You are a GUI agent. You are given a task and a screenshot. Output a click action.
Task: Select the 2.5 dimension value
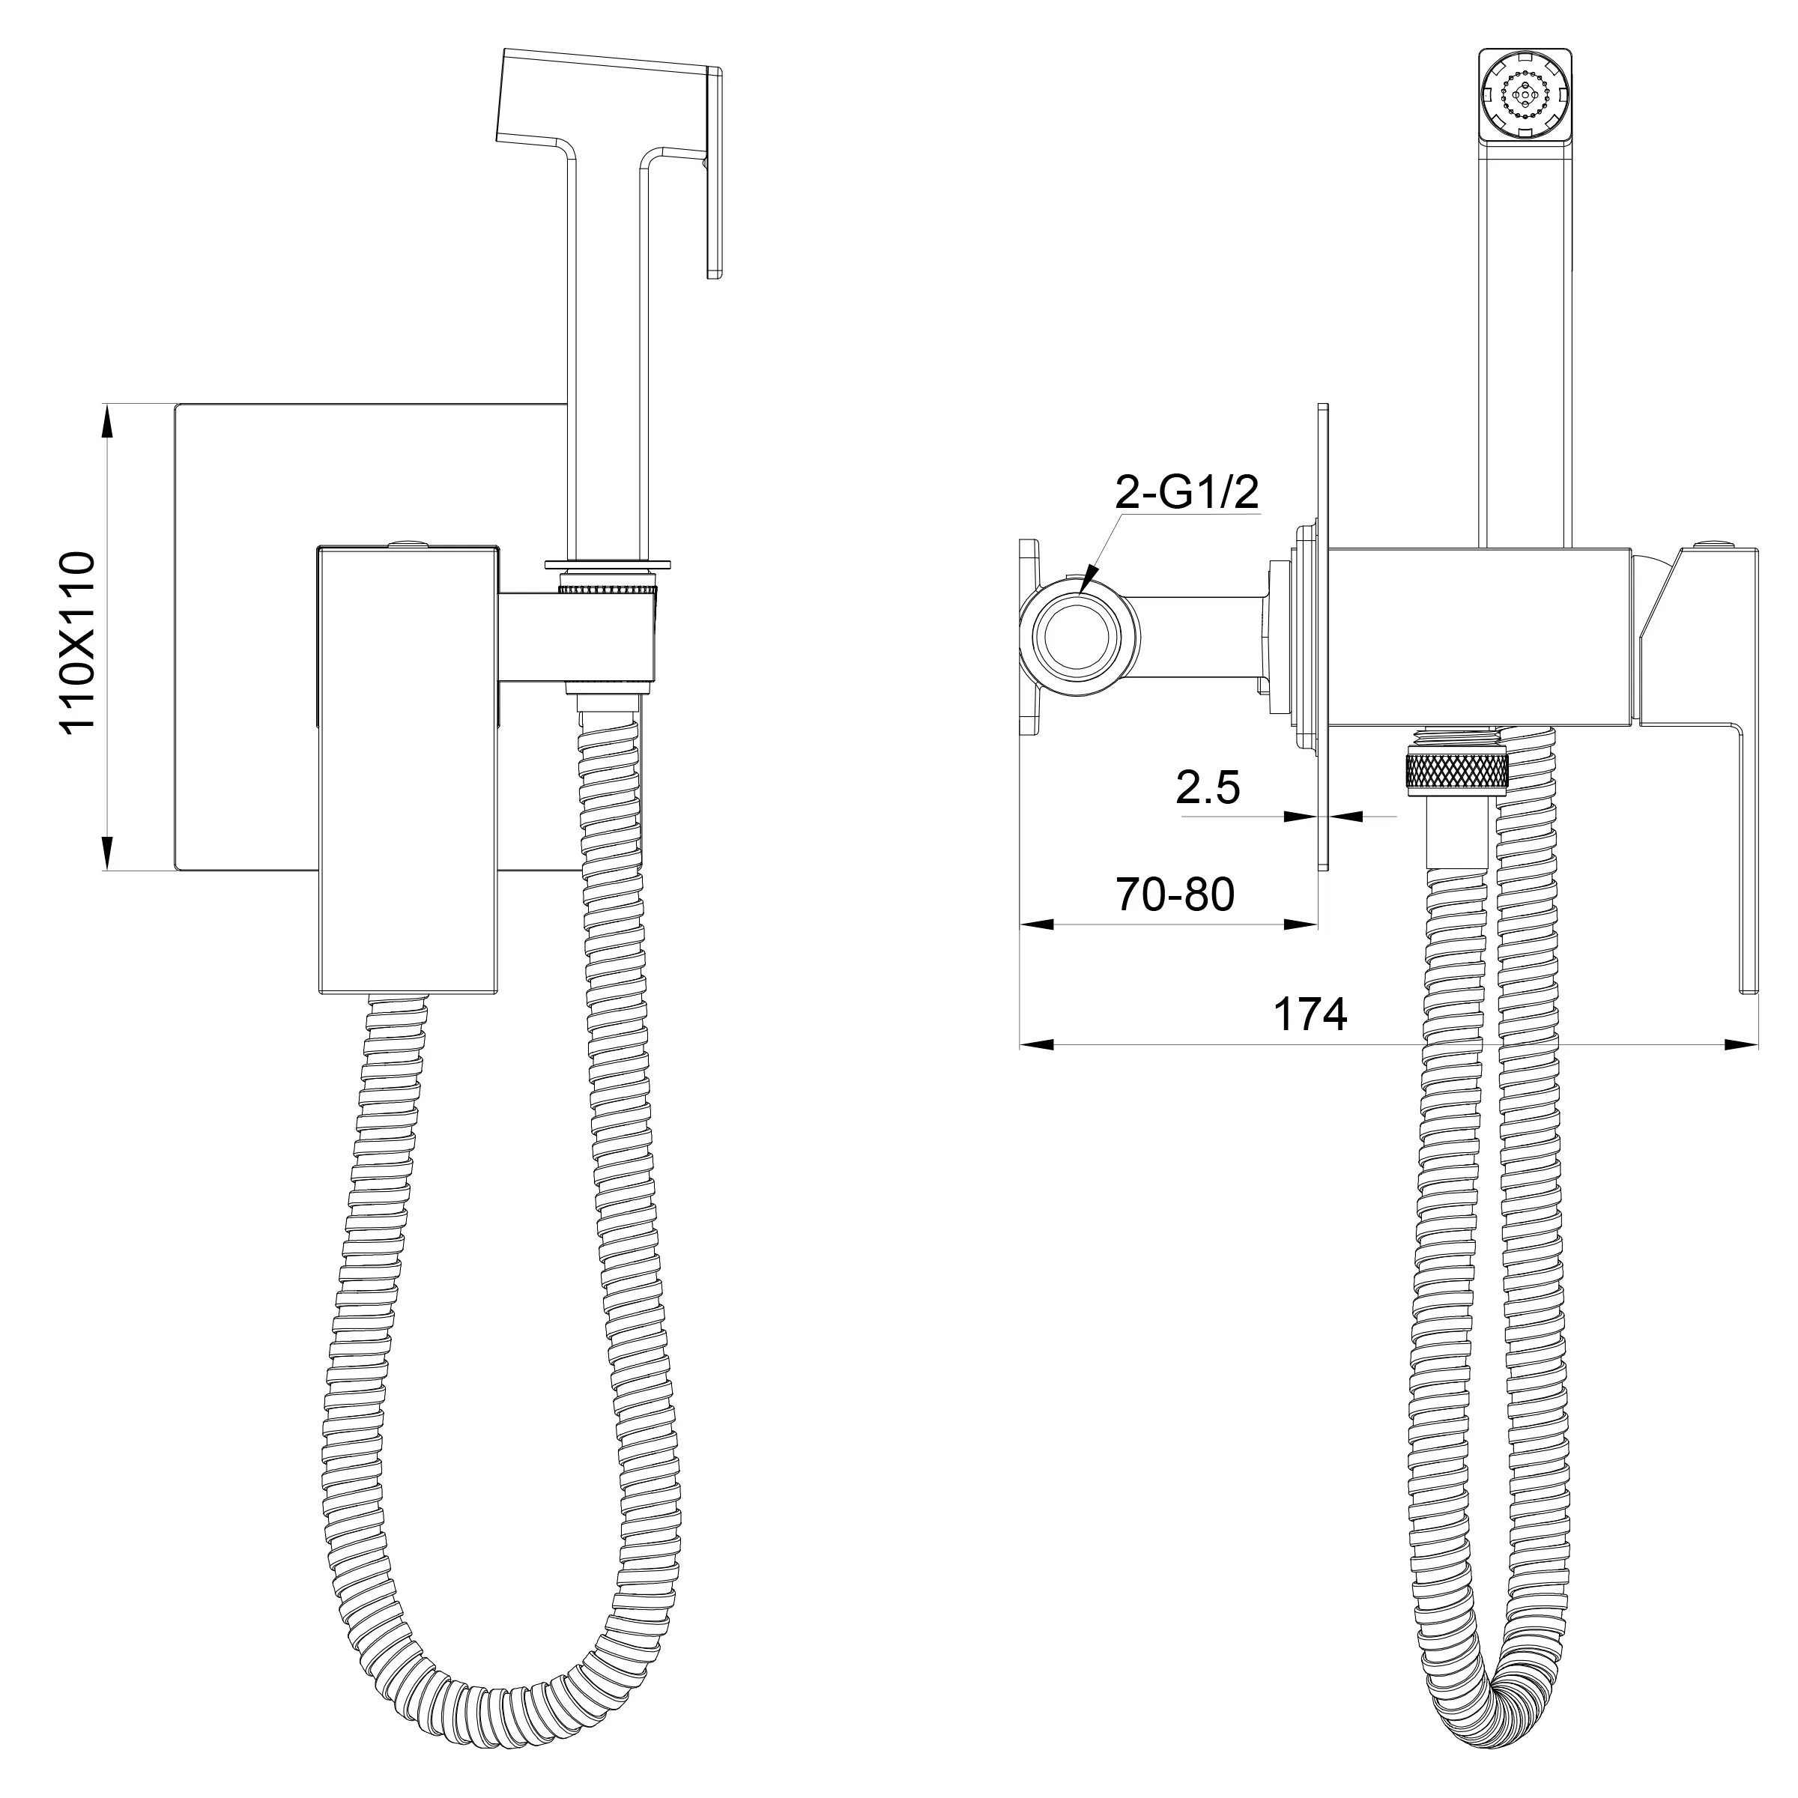tap(1208, 787)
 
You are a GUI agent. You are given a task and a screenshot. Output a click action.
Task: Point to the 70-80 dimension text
tap(1175, 895)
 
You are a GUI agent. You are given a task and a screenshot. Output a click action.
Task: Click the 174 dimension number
tap(1310, 1014)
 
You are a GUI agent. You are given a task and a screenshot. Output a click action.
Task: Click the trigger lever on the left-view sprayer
tap(714, 172)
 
